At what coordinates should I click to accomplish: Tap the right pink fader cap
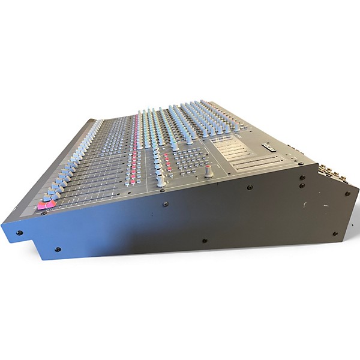tap(51, 204)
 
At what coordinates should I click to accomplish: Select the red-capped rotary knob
tap(208, 172)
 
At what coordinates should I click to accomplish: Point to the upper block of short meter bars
tap(235, 143)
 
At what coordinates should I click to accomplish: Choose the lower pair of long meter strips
tap(255, 163)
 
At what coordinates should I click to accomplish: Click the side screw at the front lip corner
tap(19, 232)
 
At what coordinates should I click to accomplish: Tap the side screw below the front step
tap(57, 249)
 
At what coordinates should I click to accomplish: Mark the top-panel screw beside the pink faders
tap(44, 213)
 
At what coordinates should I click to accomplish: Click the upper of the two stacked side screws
tap(301, 177)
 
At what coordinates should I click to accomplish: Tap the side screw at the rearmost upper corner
tap(347, 193)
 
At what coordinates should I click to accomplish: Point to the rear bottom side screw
tap(334, 233)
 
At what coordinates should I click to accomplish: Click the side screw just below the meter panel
tap(250, 187)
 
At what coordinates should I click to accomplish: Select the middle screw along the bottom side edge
tap(205, 241)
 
